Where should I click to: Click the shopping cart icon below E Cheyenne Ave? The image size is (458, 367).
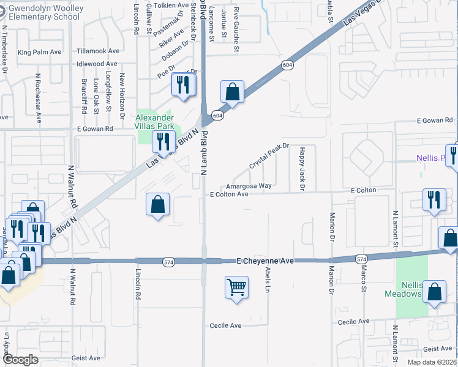coord(236,286)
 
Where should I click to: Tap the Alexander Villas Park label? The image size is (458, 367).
coord(154,122)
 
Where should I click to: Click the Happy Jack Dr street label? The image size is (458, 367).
coord(302,168)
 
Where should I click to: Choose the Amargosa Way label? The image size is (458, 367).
coord(249,185)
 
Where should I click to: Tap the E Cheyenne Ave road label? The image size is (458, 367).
coord(265,261)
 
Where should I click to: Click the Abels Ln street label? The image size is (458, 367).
coord(267,279)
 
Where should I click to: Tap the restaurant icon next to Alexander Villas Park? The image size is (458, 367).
coord(163,142)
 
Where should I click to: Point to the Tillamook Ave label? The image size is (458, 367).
coord(98,51)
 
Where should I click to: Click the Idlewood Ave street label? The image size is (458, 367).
coord(97,64)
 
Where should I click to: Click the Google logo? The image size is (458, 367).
coord(21,360)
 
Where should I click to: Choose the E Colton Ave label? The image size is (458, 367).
coord(229,195)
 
